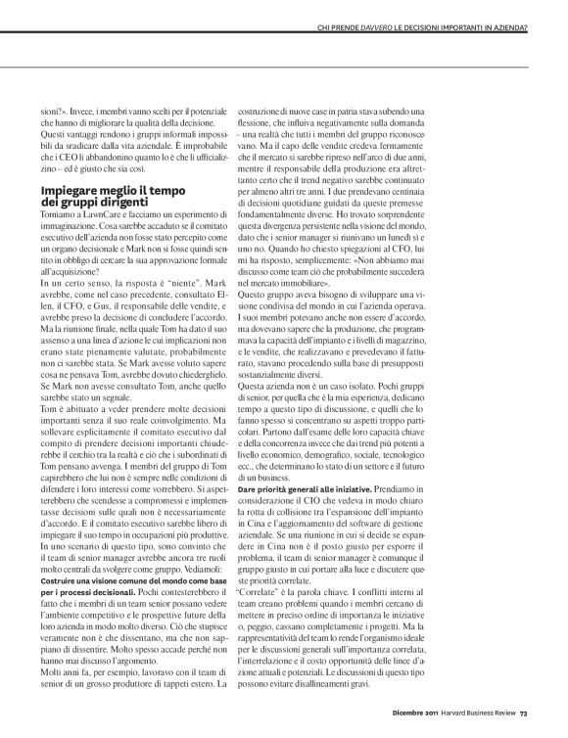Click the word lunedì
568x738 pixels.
pos(446,235)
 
